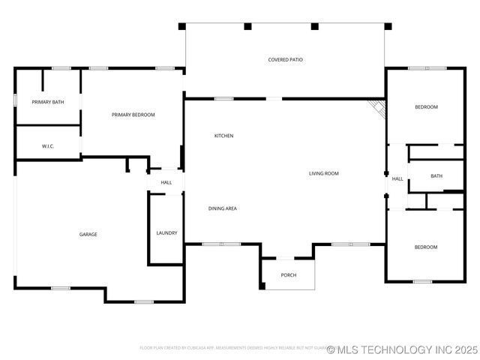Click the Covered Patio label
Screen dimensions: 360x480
click(286, 59)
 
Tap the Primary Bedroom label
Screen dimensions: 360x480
click(133, 115)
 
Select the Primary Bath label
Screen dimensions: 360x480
click(47, 101)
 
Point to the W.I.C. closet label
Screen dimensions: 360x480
click(48, 146)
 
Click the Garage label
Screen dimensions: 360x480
click(88, 234)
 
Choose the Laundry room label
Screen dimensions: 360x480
click(166, 233)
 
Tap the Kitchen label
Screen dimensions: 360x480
click(223, 136)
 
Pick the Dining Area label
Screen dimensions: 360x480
click(223, 208)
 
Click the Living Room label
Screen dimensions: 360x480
click(324, 173)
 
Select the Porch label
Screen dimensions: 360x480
click(289, 275)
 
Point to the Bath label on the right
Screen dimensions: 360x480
click(436, 176)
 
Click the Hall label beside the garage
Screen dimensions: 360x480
click(166, 182)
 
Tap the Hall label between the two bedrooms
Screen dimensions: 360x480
click(397, 179)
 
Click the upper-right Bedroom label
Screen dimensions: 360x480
click(426, 107)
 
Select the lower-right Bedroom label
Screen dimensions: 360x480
click(426, 247)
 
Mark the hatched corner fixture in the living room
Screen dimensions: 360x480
click(378, 109)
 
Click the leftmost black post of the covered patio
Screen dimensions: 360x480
click(182, 26)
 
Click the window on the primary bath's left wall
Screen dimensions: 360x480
click(15, 100)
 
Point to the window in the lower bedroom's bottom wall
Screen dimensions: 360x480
click(422, 282)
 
